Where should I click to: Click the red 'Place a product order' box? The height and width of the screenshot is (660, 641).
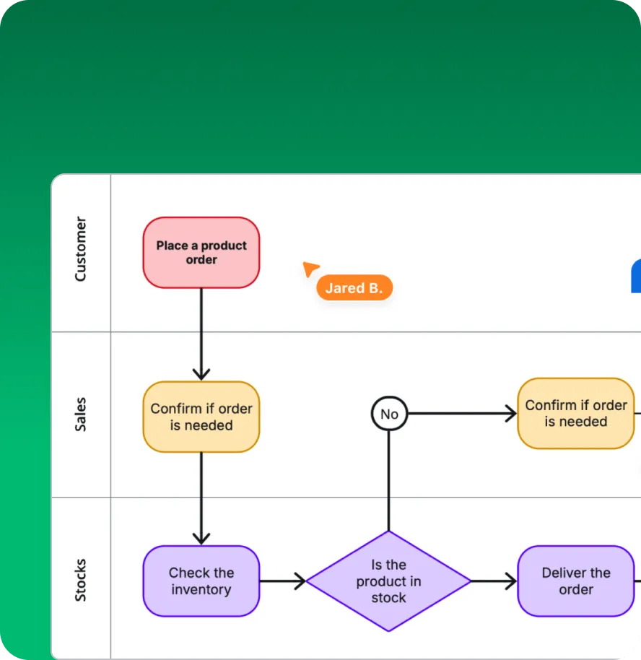click(201, 253)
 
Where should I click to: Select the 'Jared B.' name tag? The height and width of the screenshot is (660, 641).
click(354, 288)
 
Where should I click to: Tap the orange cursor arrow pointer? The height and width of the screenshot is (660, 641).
click(310, 269)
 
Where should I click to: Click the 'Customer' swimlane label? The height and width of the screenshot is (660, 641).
click(80, 249)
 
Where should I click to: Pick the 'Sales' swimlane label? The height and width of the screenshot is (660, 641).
click(80, 414)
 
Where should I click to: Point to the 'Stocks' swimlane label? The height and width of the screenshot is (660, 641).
click(80, 580)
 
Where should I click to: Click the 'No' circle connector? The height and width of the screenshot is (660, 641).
click(389, 414)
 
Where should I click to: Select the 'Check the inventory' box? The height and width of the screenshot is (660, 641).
click(201, 581)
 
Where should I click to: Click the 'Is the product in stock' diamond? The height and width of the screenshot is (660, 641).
click(388, 581)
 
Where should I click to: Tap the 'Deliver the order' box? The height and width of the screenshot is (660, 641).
click(575, 581)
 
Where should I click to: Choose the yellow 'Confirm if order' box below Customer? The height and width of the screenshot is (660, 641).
click(201, 417)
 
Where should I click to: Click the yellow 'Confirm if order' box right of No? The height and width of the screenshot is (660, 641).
click(575, 413)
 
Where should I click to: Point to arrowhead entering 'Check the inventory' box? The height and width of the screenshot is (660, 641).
click(201, 538)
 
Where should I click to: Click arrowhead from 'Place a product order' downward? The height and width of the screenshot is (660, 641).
click(201, 373)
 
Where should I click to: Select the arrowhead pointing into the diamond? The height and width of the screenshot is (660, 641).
click(299, 581)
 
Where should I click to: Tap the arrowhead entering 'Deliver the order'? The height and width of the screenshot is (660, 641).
click(510, 581)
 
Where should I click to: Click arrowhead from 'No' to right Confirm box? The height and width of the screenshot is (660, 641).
click(510, 414)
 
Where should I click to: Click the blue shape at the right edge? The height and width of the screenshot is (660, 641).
click(636, 277)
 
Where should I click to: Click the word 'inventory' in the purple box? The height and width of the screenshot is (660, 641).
click(201, 590)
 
